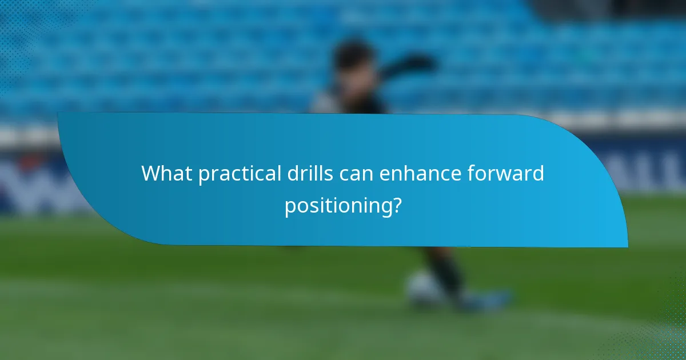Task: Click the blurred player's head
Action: tap(353, 60)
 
